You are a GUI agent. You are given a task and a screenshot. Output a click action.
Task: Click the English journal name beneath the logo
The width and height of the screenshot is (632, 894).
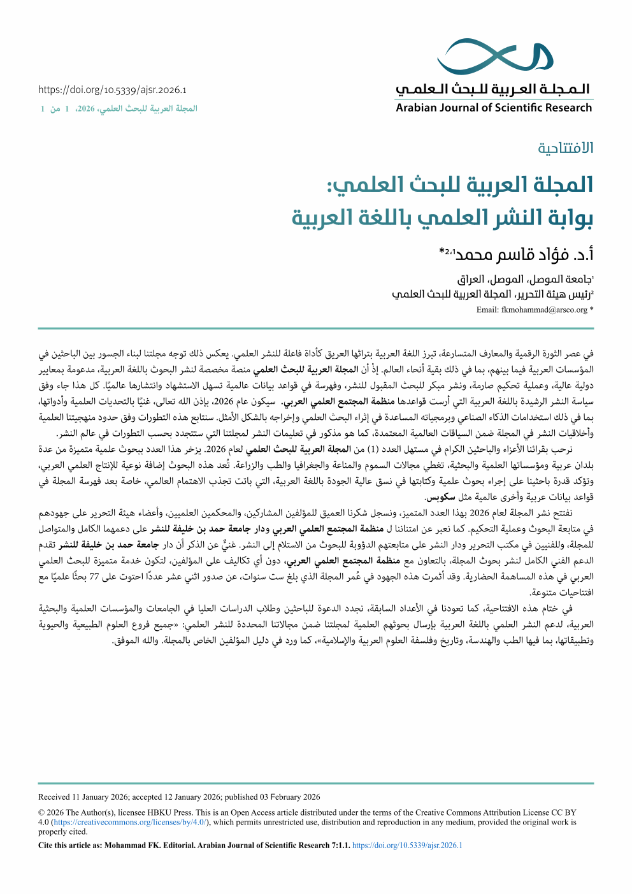tap(494, 108)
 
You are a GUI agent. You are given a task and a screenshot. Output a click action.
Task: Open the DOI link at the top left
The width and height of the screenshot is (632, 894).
tap(112, 90)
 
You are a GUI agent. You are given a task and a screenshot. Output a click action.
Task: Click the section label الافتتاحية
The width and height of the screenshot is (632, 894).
tap(565, 148)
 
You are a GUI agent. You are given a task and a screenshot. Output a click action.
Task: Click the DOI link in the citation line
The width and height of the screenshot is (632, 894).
tap(407, 846)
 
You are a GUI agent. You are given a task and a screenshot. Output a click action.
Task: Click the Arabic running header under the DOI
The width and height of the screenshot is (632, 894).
tap(119, 109)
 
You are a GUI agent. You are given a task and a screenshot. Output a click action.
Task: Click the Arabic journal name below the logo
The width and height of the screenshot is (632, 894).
tap(494, 89)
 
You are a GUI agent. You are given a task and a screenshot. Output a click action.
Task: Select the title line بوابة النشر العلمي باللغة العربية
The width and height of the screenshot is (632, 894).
tap(442, 217)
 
